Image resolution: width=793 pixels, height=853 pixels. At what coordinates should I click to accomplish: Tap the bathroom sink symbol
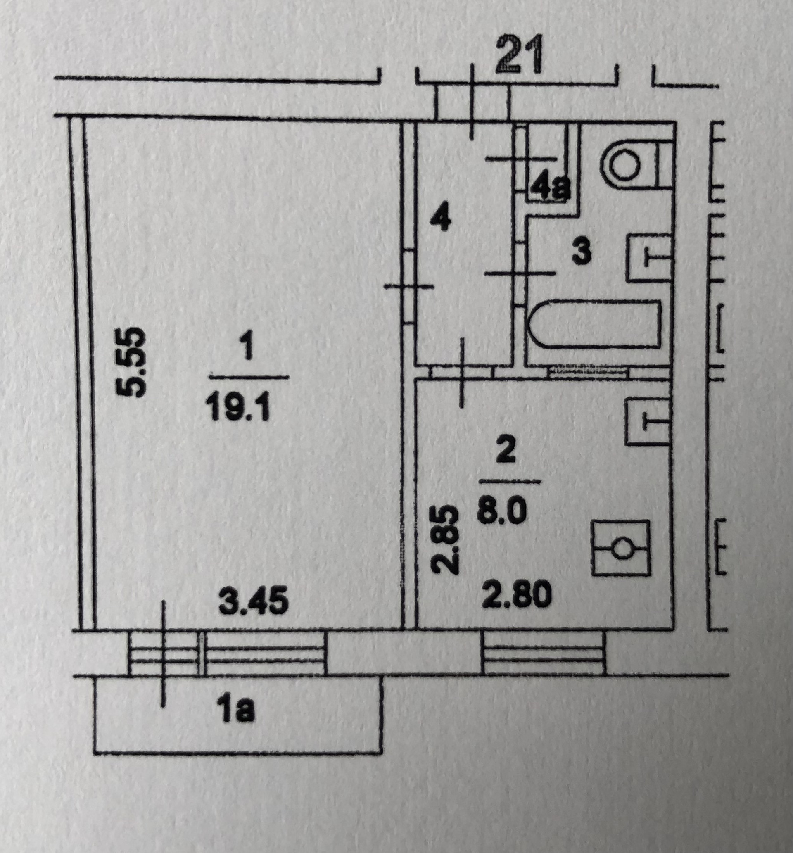coord(649,257)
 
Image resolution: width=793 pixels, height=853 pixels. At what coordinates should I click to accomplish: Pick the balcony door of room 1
coord(165,653)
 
